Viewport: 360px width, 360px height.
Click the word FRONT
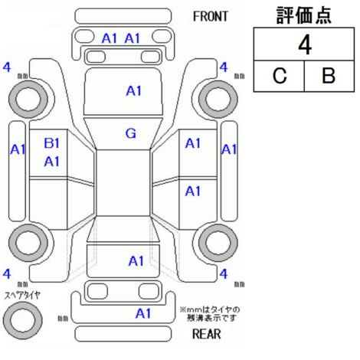[210, 17]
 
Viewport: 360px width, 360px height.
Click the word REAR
[206, 334]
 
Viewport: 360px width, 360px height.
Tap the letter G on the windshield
[131, 133]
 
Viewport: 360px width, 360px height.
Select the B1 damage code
[52, 143]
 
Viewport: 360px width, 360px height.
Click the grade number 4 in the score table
[305, 45]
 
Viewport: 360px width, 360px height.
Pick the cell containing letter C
[279, 76]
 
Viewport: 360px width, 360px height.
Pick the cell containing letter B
[329, 76]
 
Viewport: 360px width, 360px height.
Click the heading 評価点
[304, 15]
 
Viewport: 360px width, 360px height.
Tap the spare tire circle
[23, 319]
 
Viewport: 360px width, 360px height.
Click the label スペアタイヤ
[22, 296]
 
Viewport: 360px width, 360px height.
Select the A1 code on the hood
[133, 91]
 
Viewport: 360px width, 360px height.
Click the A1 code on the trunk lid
[136, 261]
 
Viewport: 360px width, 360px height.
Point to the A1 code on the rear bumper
[143, 313]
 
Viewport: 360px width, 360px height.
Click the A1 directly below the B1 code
[52, 162]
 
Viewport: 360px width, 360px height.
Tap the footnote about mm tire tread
[210, 314]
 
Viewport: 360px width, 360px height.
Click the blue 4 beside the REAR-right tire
[224, 274]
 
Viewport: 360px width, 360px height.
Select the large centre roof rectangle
[123, 183]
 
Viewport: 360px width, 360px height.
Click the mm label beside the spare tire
[63, 319]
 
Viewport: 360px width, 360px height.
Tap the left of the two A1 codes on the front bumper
[110, 38]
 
